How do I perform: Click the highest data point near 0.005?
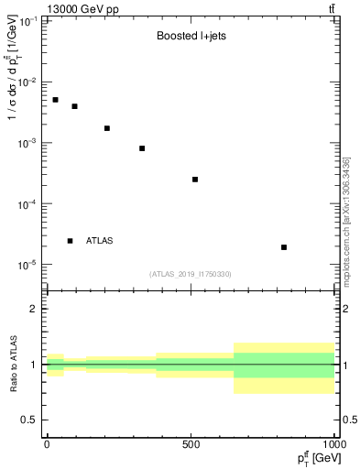coord(55,100)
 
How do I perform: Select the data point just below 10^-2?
coord(75,106)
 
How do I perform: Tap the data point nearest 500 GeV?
coord(195,180)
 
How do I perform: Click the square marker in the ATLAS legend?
coord(70,241)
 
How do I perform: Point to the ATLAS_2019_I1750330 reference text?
coord(191,274)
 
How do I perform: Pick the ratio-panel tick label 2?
coord(34,309)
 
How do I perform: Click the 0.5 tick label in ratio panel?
coord(29,420)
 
